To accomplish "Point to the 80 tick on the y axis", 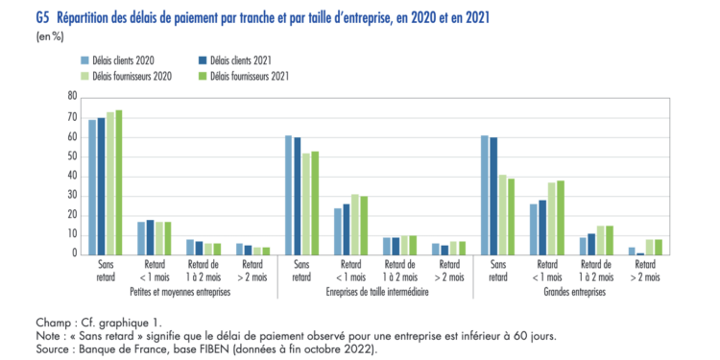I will (71, 96).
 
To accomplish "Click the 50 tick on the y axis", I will (71, 156).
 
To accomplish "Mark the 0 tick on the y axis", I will (74, 253).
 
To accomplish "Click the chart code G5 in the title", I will (42, 18).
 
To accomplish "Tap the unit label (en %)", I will (50, 36).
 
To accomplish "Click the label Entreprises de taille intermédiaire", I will (377, 288).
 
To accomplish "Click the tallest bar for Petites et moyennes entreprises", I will (119, 181).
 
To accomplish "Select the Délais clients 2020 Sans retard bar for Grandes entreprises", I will (485, 194).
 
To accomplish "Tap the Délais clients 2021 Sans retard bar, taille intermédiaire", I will (297, 195).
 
